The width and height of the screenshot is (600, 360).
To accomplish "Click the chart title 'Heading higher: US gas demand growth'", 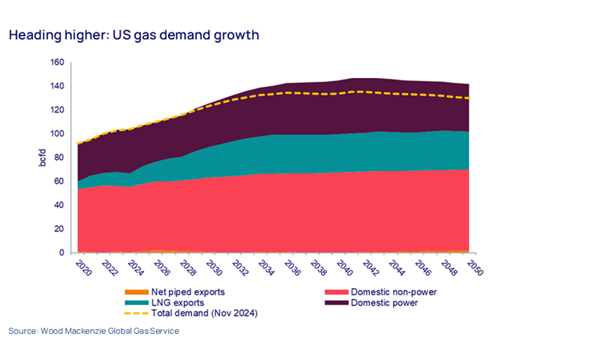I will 134,35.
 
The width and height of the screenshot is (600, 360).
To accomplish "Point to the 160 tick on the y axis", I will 57,62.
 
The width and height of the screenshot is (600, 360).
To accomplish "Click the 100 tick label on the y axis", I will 57,133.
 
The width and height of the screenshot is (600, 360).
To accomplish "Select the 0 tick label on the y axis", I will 61,253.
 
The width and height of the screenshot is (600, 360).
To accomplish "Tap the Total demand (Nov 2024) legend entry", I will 202,312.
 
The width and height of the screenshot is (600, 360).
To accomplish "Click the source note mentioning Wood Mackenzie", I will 94,331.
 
